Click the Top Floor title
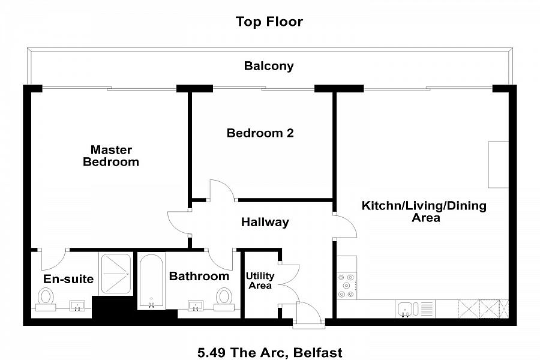(x=269, y=22)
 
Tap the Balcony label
(x=269, y=66)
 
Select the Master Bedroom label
(x=111, y=156)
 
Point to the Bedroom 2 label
(x=260, y=133)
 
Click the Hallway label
(x=265, y=222)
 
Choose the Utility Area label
(x=260, y=280)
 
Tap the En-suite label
(x=68, y=279)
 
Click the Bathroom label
(x=199, y=276)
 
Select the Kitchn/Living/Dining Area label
(x=424, y=212)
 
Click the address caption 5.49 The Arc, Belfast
(x=269, y=353)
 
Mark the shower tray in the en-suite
(x=116, y=274)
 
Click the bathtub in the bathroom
(x=151, y=281)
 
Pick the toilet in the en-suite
(x=46, y=299)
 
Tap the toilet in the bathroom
(x=224, y=299)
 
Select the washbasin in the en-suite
(x=77, y=305)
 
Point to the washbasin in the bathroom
(x=196, y=305)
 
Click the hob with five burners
(x=346, y=286)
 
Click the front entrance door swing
(x=309, y=314)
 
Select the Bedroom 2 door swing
(x=222, y=190)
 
